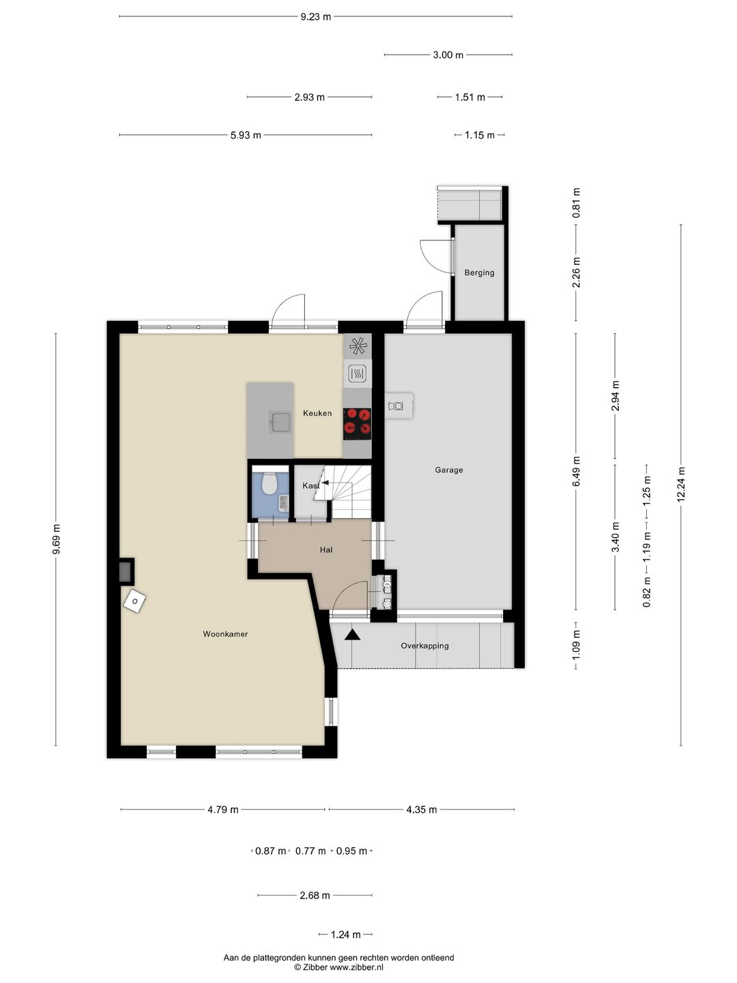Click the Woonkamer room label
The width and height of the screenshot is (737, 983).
pyautogui.click(x=225, y=634)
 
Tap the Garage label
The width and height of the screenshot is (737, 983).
pyautogui.click(x=449, y=470)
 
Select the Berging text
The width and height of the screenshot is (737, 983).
pyautogui.click(x=479, y=273)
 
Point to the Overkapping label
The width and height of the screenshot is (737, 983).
pyautogui.click(x=424, y=646)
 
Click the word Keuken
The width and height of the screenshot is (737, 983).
pyautogui.click(x=317, y=413)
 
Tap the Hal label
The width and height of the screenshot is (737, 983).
pyautogui.click(x=326, y=550)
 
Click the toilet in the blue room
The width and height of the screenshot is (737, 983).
pyautogui.click(x=269, y=483)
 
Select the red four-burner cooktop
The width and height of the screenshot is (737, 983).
pyautogui.click(x=357, y=423)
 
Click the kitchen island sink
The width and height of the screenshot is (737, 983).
pyautogui.click(x=280, y=423)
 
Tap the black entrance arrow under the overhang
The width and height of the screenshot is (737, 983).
pyautogui.click(x=353, y=634)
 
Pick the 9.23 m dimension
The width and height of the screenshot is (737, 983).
pyautogui.click(x=315, y=17)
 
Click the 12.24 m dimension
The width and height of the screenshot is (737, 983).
pyautogui.click(x=681, y=485)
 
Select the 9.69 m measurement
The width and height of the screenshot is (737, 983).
pyautogui.click(x=56, y=539)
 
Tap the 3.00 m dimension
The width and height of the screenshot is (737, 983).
pyautogui.click(x=448, y=55)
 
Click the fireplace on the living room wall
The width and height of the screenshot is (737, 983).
pyautogui.click(x=127, y=571)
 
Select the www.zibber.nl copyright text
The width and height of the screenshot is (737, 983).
pyautogui.click(x=338, y=967)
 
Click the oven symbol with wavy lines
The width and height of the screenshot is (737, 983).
pyautogui.click(x=358, y=373)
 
